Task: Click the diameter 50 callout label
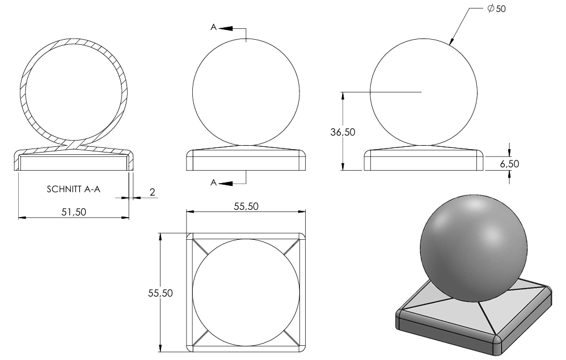[x=496, y=9]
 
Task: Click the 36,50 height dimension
[x=343, y=132]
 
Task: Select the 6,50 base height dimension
[x=509, y=164]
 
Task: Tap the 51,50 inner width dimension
[x=74, y=211]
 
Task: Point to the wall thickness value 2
[x=153, y=192]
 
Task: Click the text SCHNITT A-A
[x=73, y=189]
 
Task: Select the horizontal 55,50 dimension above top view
[x=246, y=206]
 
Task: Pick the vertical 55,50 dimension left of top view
[x=160, y=293]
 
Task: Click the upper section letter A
[x=214, y=27]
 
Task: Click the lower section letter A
[x=214, y=183]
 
